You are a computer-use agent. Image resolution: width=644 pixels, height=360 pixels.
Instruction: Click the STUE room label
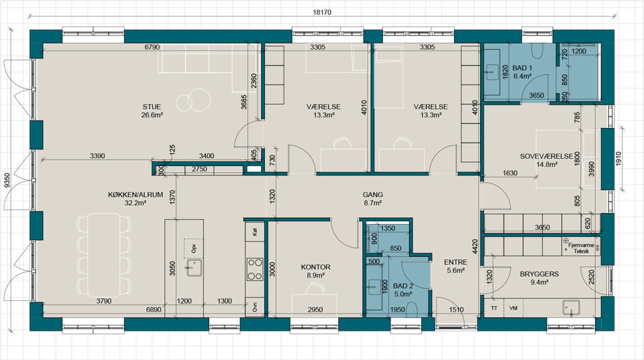[x=152, y=107]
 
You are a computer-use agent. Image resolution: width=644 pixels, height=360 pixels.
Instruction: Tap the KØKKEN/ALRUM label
[x=136, y=195]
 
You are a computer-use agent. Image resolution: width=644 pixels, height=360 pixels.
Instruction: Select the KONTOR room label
[x=315, y=267]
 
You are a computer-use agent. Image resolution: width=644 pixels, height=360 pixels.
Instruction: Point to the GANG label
[x=372, y=195]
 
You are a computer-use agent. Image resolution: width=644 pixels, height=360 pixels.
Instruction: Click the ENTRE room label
[x=455, y=262]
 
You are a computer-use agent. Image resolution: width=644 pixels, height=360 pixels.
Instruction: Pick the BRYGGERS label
[x=539, y=274]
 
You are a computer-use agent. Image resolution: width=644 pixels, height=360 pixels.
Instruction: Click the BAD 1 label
[x=522, y=68]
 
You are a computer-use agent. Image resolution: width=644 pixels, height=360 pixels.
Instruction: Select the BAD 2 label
[x=403, y=286]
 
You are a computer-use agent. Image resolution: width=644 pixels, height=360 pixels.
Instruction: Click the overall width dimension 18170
[x=322, y=12]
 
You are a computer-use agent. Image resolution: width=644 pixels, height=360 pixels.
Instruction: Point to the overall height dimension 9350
[x=7, y=180]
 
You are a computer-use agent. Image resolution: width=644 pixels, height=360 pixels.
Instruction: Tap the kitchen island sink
[x=195, y=267]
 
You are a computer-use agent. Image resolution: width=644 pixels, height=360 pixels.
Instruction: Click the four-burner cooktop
[x=255, y=269]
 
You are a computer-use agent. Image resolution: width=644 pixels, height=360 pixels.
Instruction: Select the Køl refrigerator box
[x=255, y=232]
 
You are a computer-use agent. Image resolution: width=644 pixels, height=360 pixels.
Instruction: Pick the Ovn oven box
[x=255, y=308]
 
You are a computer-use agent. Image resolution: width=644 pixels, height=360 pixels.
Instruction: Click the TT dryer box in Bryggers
[x=494, y=308]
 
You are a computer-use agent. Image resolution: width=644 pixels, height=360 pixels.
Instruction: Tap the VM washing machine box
[x=513, y=308]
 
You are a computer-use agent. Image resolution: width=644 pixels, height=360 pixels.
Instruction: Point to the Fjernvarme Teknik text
[x=581, y=248]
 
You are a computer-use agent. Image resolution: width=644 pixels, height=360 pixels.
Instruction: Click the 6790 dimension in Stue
[x=152, y=47]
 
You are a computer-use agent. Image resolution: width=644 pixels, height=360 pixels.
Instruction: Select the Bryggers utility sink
[x=571, y=308]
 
